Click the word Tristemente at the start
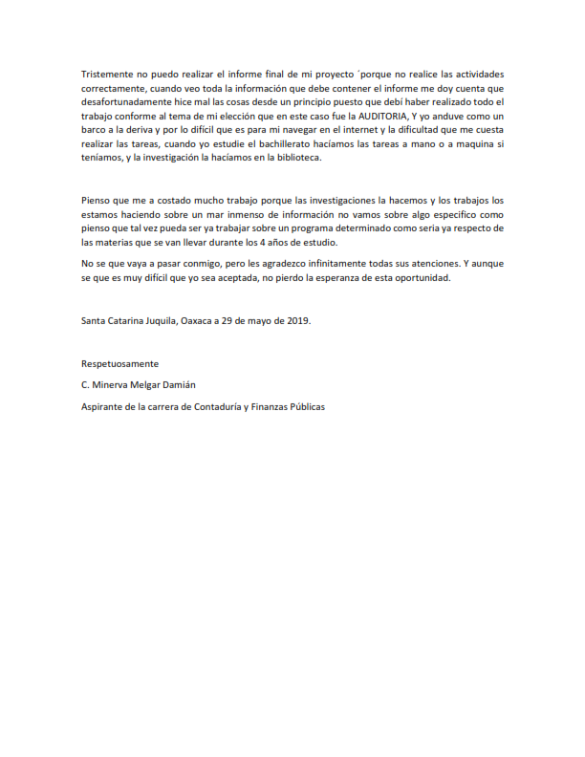[x=108, y=75]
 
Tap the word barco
[x=96, y=130]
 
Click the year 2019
[x=299, y=321]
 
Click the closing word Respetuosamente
[x=120, y=364]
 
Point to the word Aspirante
[x=103, y=406]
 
